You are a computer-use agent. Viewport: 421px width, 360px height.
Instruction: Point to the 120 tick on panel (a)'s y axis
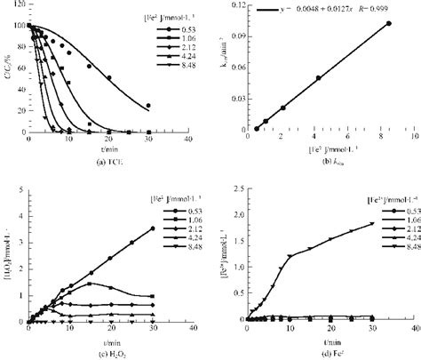coord(20,9)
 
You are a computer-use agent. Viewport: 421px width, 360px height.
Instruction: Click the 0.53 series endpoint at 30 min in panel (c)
coord(152,228)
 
